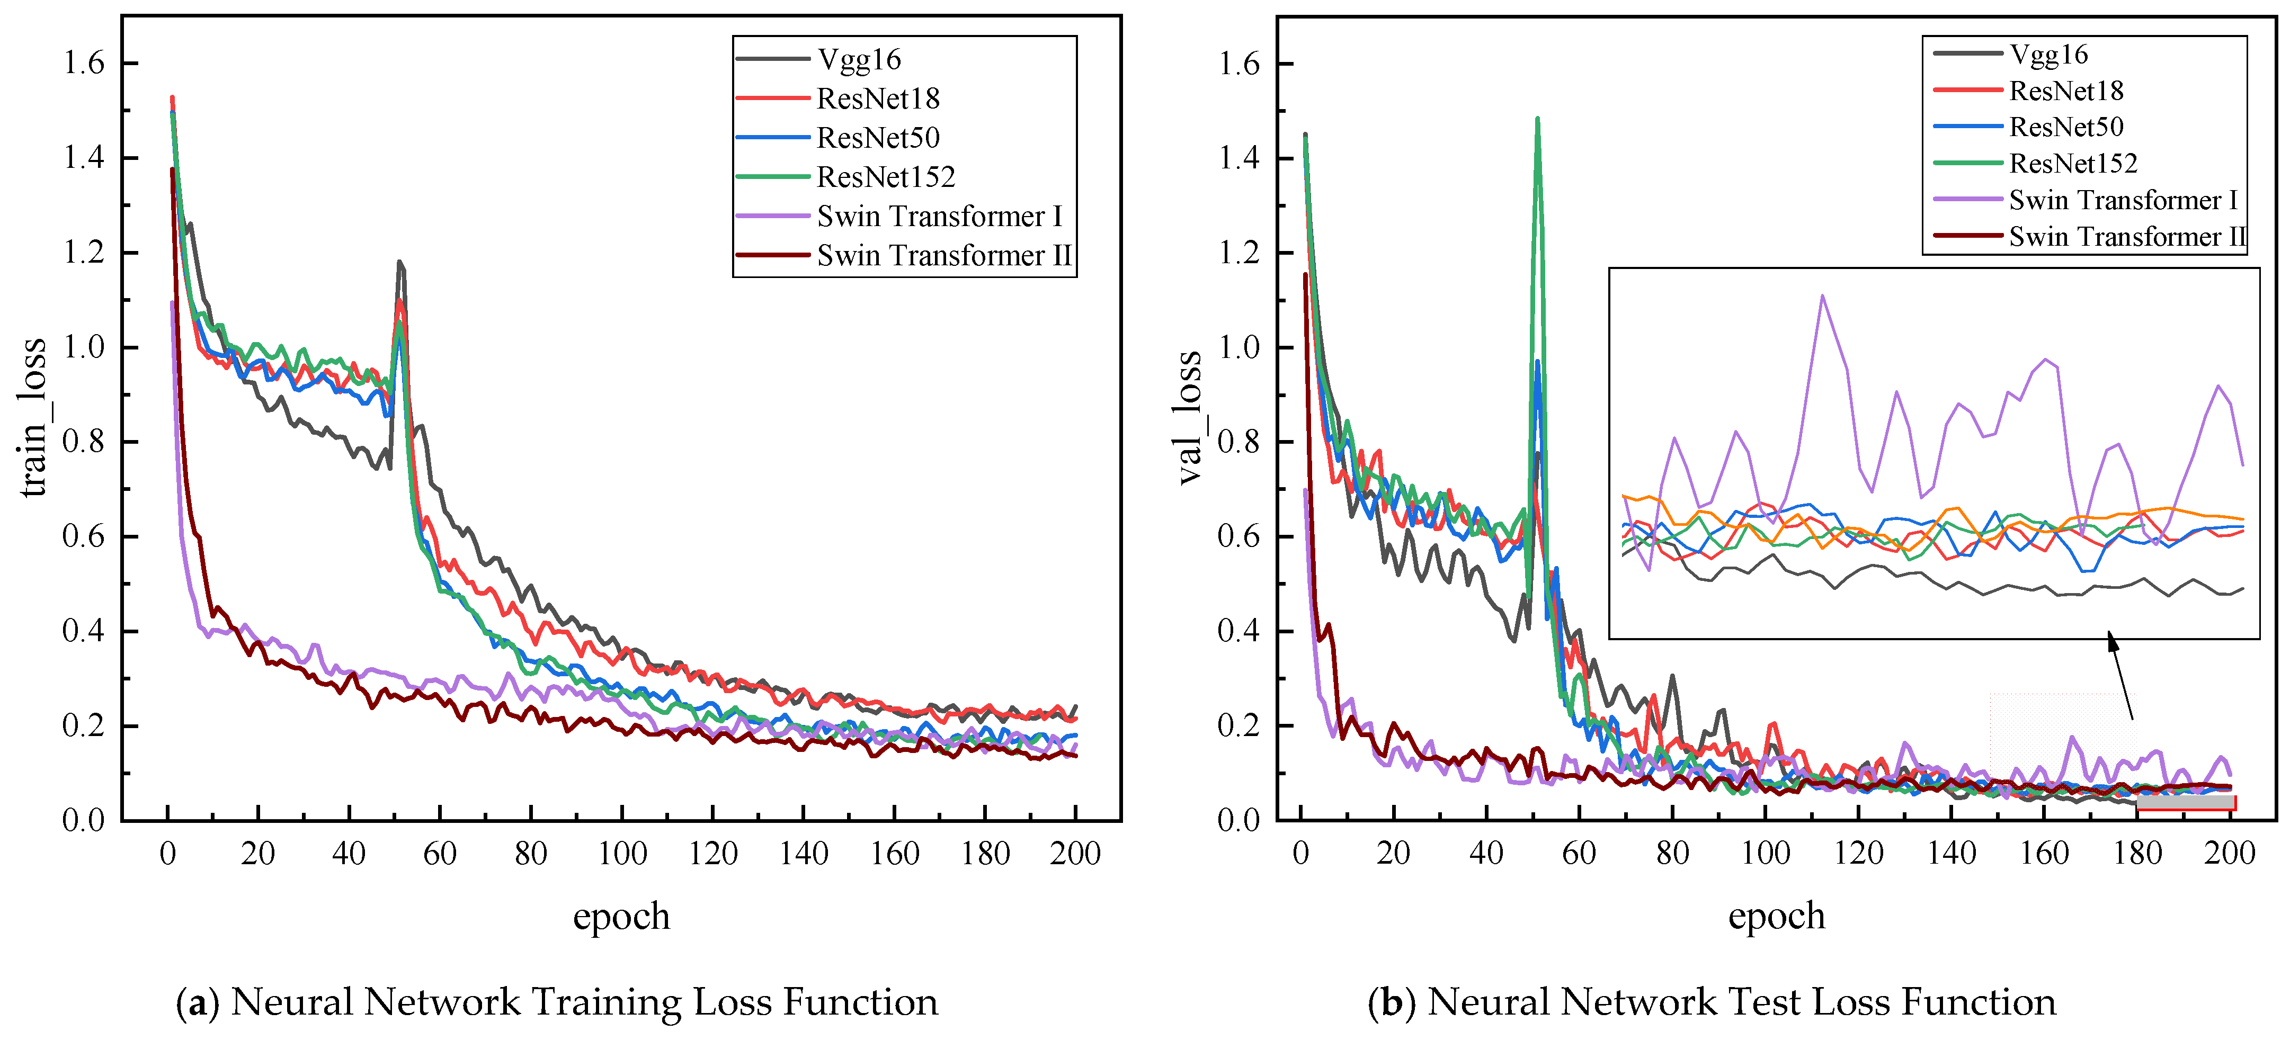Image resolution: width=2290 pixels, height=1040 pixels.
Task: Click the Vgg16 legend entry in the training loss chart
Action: click(x=859, y=59)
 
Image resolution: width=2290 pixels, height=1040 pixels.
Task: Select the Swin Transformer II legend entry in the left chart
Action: click(x=944, y=256)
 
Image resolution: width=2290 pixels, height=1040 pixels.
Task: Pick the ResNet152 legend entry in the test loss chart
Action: click(x=2072, y=164)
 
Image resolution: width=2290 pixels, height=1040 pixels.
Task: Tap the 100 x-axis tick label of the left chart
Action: click(x=621, y=853)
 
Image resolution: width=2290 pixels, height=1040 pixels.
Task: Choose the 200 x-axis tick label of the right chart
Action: click(x=2229, y=853)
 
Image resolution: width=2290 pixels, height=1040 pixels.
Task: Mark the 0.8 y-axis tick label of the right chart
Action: click(x=1238, y=442)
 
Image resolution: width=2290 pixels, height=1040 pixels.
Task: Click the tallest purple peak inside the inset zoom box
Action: click(x=1822, y=296)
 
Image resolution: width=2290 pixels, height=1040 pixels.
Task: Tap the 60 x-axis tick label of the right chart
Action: click(x=1578, y=853)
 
